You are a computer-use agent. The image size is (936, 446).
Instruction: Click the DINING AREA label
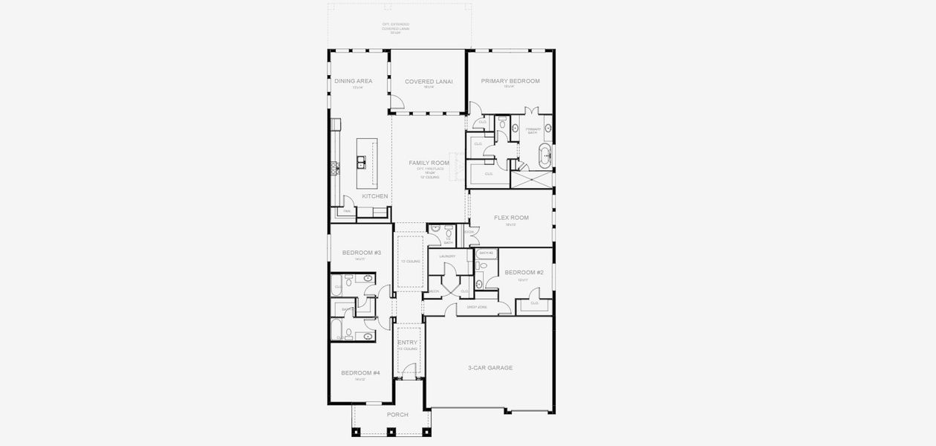[353, 81]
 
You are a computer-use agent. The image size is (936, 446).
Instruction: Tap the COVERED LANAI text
[429, 81]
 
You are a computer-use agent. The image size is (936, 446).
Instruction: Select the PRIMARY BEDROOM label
[510, 80]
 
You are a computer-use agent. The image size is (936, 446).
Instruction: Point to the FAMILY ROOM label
[429, 163]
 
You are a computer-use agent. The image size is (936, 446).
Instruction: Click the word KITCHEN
[375, 196]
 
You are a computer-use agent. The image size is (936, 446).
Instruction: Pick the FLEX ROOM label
[511, 218]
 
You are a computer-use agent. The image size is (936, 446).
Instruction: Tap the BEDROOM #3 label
[361, 253]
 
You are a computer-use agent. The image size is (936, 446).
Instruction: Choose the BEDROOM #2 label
[524, 273]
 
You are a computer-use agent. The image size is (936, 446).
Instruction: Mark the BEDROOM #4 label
[360, 372]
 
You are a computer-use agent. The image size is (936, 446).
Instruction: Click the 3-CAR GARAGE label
[490, 368]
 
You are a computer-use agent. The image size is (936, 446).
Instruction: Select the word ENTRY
[407, 343]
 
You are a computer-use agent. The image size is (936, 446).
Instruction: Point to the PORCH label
[397, 414]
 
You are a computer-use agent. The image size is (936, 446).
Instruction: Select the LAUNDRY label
[447, 256]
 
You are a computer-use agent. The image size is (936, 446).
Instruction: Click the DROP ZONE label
[477, 306]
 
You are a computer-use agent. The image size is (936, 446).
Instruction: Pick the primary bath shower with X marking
[532, 179]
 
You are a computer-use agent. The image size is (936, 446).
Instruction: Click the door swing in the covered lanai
[397, 102]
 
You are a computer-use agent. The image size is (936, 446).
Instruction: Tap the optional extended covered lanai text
[396, 28]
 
